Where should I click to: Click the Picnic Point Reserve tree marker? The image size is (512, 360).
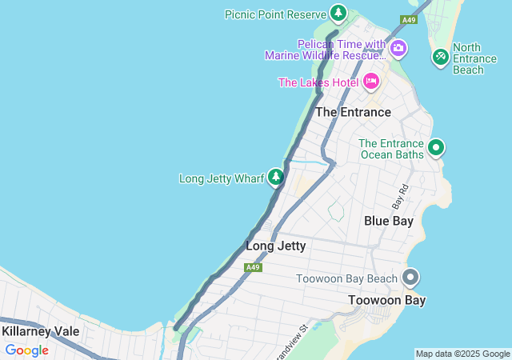click(x=339, y=14)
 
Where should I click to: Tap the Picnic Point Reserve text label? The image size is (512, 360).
click(x=275, y=14)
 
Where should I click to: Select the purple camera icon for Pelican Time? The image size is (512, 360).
click(x=398, y=50)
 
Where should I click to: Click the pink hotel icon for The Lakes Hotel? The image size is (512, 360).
click(x=370, y=81)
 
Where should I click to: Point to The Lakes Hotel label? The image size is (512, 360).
click(x=318, y=82)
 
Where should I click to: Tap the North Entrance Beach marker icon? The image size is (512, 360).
click(x=440, y=57)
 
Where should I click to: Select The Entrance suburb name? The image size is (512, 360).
click(x=353, y=113)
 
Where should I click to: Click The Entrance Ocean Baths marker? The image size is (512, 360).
click(x=436, y=147)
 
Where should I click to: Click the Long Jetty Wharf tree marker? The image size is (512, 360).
click(x=276, y=177)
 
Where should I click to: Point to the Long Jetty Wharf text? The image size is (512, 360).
click(x=222, y=178)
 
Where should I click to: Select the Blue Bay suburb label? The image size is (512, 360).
click(x=389, y=221)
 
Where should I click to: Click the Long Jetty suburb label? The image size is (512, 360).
click(x=276, y=246)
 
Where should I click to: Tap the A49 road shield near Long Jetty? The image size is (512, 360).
click(x=253, y=267)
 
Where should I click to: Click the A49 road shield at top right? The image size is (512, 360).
click(x=409, y=19)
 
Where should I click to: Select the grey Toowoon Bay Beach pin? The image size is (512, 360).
click(x=410, y=278)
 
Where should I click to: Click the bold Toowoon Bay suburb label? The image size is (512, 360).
click(x=386, y=300)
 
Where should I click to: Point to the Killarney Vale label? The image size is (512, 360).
click(x=39, y=331)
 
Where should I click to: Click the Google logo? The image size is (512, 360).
click(x=26, y=350)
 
